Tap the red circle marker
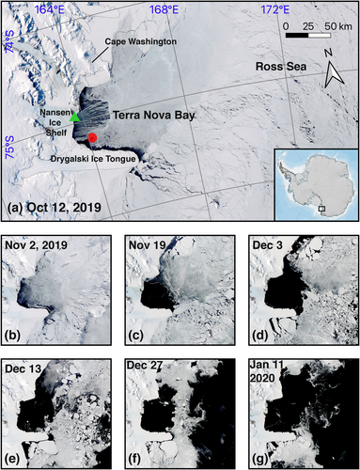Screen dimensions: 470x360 [x=92, y=139]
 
